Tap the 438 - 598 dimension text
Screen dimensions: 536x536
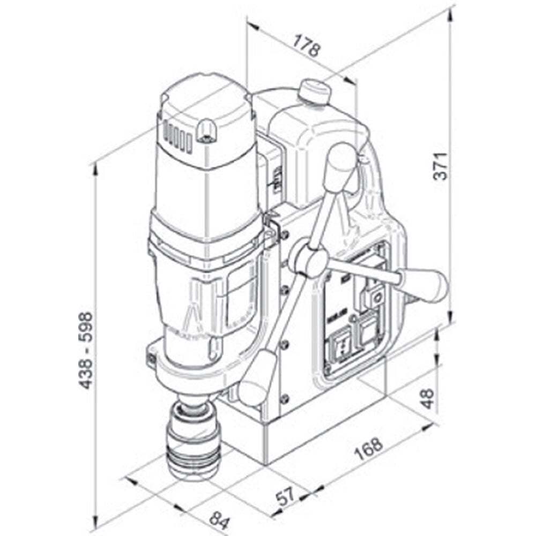click(x=85, y=351)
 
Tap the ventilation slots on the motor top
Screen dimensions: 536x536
click(x=178, y=137)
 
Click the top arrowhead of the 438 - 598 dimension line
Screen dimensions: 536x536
click(x=96, y=168)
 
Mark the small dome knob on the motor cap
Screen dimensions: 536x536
click(x=206, y=129)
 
